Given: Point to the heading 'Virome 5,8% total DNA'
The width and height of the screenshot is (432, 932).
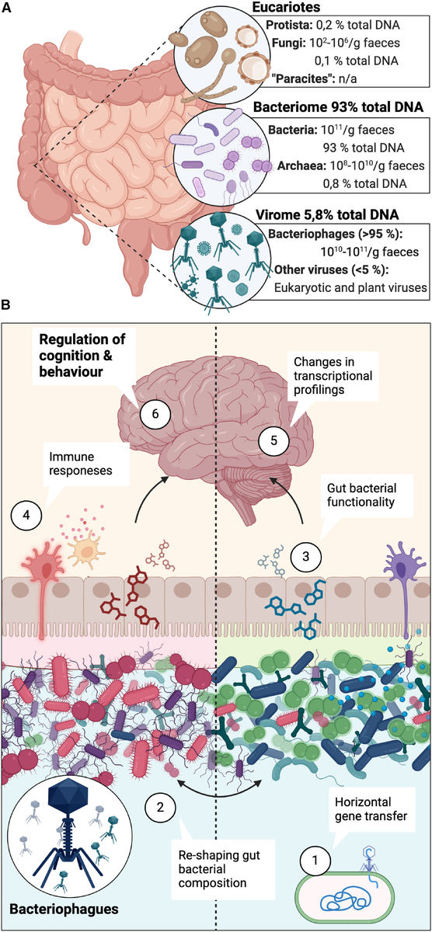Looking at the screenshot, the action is (326, 214).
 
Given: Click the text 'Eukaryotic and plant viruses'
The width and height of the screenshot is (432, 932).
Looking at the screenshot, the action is (350, 287).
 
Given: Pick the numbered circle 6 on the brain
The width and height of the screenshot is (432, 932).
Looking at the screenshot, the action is (155, 414).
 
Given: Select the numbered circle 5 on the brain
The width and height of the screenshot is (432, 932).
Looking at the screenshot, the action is (273, 440).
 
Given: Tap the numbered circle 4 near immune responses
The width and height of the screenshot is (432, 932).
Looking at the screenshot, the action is (26, 515).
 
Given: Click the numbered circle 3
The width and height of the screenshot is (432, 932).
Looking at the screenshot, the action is (306, 556).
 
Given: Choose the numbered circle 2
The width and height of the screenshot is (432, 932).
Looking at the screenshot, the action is (160, 808).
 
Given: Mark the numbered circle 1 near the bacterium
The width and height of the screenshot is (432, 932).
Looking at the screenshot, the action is (315, 860).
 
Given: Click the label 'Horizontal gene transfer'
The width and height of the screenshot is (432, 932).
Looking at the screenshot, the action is (371, 809).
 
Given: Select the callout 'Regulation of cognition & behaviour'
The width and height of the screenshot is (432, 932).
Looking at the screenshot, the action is (82, 355).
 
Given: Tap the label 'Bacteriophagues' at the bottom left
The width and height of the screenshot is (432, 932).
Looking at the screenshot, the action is (64, 909).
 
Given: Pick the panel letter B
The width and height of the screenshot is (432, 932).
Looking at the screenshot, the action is (6, 305).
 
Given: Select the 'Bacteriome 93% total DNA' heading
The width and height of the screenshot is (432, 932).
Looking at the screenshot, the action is (338, 107).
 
